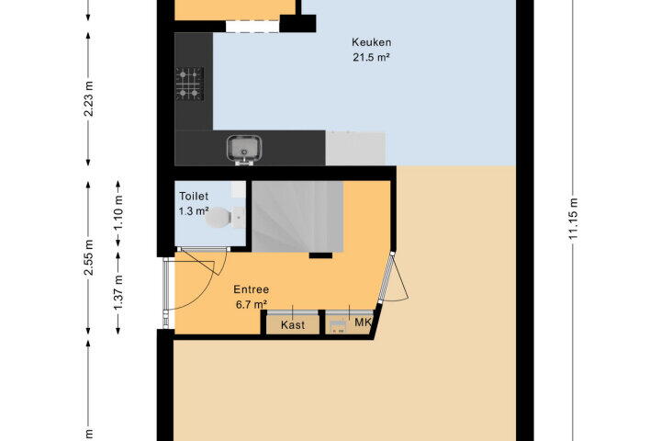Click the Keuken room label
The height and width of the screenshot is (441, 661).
pos(372,42)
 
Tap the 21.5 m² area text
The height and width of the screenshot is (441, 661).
pos(371,57)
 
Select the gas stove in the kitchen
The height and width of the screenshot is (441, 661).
pos(190,84)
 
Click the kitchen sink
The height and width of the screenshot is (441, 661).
pos(244,150)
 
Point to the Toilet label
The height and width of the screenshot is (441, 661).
pos(194,197)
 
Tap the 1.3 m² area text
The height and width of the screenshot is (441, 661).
pos(194,211)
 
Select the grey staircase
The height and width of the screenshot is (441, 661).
pos(297,217)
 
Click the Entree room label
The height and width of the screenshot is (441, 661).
pos(252,289)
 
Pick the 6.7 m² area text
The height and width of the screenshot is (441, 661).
pos(252,304)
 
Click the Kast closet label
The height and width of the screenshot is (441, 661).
pos(293,325)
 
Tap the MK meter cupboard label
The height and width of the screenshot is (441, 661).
pos(363,322)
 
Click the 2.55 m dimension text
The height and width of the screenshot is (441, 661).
pos(88,257)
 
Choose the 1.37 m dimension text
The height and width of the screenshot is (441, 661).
pos(118,292)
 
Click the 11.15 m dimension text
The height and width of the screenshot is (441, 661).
pos(573,219)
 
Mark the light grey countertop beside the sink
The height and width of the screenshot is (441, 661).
pos(355,148)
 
